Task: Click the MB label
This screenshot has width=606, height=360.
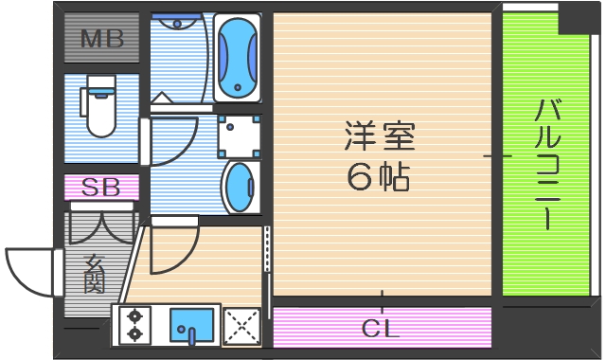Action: coord(101,39)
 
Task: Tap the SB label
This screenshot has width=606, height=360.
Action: coord(101,187)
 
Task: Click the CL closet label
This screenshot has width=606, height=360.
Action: coord(382,330)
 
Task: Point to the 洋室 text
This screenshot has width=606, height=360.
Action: coord(380,138)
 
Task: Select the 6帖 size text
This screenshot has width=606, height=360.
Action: coord(379,177)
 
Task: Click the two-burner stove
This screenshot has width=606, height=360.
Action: coord(134,324)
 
